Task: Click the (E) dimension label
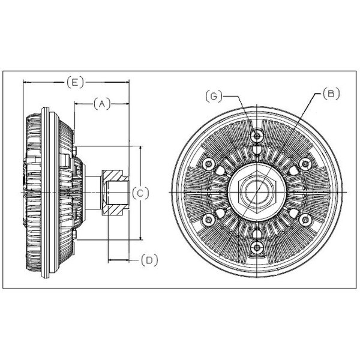[x=76, y=82]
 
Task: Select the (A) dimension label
[x=102, y=104]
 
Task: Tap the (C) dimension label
[x=140, y=194]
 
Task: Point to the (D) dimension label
[x=149, y=260]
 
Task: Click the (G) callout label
[x=214, y=96]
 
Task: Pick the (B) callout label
[x=331, y=94]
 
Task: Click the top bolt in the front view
[x=257, y=136]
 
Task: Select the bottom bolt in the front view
[x=257, y=248]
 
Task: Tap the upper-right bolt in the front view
[x=305, y=164]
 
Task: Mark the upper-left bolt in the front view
[x=208, y=164]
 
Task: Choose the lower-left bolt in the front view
[x=208, y=220]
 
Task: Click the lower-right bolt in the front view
[x=305, y=220]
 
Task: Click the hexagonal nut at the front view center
[x=257, y=192]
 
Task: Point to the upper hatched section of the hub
[x=113, y=175]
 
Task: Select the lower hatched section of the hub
[x=113, y=210]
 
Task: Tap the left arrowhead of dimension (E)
[x=27, y=82]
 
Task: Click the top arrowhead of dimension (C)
[x=141, y=149]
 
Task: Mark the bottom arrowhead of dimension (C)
[x=141, y=236]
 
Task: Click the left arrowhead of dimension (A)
[x=79, y=104]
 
